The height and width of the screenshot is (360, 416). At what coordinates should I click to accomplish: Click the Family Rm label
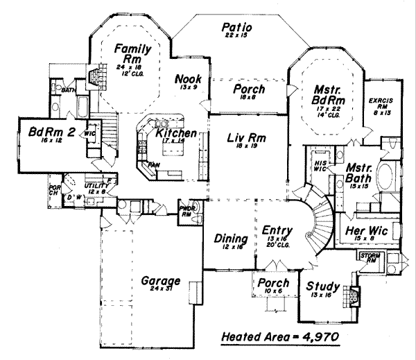click(x=132, y=53)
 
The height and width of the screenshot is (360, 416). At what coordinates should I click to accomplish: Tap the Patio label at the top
click(x=236, y=28)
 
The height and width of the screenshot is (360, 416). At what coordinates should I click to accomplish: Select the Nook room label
click(x=188, y=78)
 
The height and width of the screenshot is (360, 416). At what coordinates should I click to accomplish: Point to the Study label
click(x=323, y=286)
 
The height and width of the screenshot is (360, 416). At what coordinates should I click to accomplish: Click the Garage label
click(x=161, y=282)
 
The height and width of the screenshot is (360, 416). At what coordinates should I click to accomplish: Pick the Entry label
click(x=277, y=230)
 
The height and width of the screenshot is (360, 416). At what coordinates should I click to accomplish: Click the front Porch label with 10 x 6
click(x=272, y=284)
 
